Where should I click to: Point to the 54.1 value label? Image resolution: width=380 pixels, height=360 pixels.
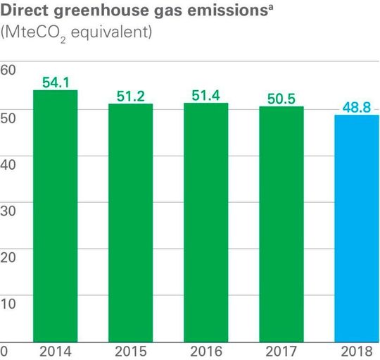54,82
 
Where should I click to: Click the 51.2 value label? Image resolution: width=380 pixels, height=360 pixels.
130,96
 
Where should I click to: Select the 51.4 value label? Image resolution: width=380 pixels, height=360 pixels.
206,95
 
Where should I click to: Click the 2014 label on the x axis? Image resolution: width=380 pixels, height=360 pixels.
54,350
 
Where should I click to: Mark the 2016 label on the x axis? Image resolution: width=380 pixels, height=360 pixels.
206,350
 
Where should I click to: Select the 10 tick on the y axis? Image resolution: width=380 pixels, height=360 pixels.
8,304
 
